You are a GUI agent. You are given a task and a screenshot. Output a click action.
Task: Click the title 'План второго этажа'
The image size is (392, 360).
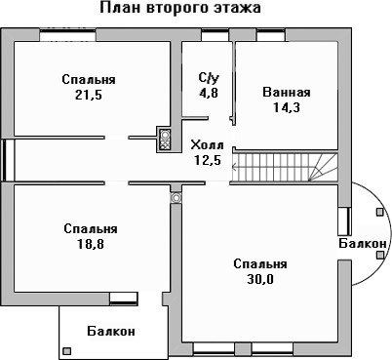click(180, 8)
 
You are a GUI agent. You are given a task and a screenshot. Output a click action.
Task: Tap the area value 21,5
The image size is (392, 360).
click(89, 95)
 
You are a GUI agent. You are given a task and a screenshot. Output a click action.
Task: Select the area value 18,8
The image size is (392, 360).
click(91, 244)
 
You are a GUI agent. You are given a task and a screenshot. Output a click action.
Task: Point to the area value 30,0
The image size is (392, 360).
click(260, 279)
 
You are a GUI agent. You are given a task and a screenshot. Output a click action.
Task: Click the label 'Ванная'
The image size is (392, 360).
click(287, 92)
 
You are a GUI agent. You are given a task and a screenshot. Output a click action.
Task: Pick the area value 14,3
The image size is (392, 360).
click(287, 107)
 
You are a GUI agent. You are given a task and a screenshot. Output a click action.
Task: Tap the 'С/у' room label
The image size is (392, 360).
click(209, 78)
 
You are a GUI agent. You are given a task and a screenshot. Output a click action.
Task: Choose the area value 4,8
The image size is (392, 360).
click(209, 93)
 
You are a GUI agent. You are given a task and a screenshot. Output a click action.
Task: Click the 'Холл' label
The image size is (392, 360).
click(207, 145)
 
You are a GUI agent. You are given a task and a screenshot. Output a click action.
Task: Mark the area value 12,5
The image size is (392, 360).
click(208, 160)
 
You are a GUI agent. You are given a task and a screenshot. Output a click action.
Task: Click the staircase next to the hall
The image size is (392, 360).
click(285, 167)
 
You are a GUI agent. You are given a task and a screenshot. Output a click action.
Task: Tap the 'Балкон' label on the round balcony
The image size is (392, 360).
click(363, 243)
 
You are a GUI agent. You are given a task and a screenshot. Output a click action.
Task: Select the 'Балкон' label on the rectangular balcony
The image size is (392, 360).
click(111, 332)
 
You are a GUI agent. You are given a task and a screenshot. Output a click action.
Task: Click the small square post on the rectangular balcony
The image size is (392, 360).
click(66, 351)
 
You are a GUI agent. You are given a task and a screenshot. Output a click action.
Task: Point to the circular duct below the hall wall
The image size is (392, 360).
click(176, 197)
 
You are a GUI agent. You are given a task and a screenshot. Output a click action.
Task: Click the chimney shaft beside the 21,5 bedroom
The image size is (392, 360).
click(165, 140)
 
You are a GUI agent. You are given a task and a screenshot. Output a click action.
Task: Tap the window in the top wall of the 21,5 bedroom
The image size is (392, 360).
click(68, 35)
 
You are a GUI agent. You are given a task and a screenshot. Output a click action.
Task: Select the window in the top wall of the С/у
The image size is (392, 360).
click(215, 35)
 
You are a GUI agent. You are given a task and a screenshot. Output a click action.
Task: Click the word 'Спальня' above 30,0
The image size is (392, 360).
click(260, 263)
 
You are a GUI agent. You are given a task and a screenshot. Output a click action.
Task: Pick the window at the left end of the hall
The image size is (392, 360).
click(8, 160)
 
